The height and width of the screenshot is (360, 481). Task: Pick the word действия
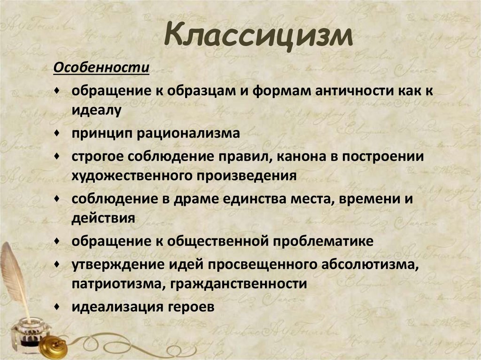[x=104, y=218]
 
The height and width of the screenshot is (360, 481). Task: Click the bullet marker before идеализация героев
[x=57, y=306]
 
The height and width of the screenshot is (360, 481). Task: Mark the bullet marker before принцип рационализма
[x=57, y=133]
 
